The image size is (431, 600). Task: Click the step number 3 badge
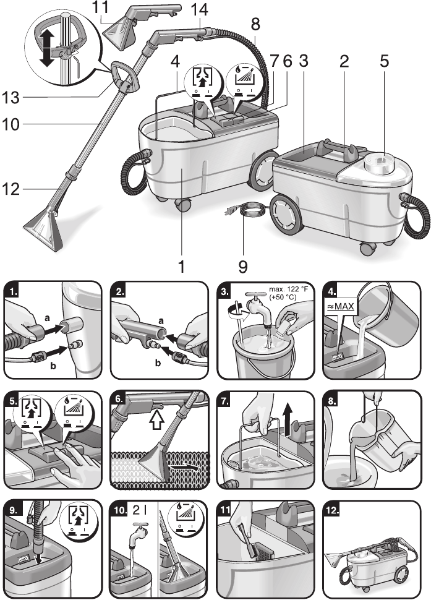pyautogui.click(x=226, y=290)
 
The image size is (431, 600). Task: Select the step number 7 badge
pyautogui.click(x=227, y=399)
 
